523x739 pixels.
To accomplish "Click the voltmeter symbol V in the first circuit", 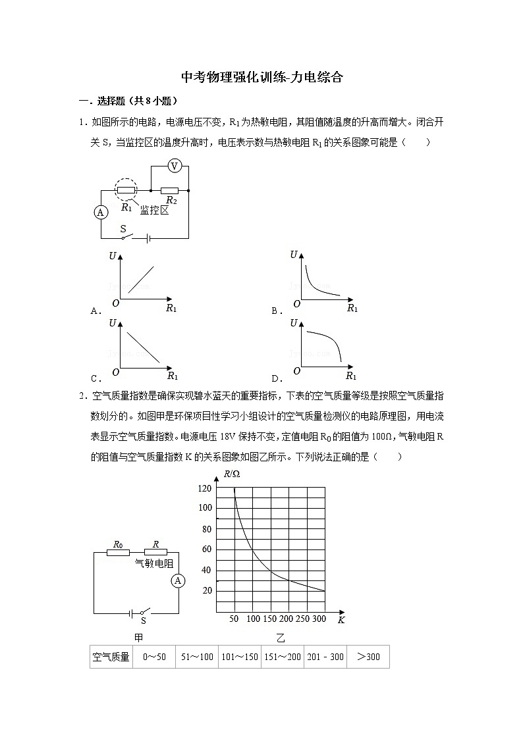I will click(174, 166).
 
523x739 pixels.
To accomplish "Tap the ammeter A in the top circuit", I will click(101, 212).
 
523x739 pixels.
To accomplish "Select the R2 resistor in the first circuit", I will click(170, 191).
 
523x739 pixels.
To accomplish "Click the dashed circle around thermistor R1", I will click(126, 190).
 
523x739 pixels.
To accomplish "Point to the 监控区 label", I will click(154, 210).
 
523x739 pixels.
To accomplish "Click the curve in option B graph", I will click(316, 284).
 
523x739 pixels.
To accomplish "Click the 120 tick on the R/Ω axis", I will click(205, 488).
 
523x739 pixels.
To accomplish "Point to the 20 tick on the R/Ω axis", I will click(207, 590).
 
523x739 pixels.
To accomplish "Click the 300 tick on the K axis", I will click(319, 619).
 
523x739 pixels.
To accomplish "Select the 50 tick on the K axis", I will click(234, 619).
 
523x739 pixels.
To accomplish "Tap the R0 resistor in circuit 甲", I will click(119, 553).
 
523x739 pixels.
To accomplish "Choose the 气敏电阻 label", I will click(154, 563).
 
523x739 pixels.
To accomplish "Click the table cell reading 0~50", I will click(154, 657).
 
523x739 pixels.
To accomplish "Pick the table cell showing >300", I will click(368, 657).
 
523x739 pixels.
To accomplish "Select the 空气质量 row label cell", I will click(111, 657).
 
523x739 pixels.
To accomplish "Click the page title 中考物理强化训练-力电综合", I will click(261, 78).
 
